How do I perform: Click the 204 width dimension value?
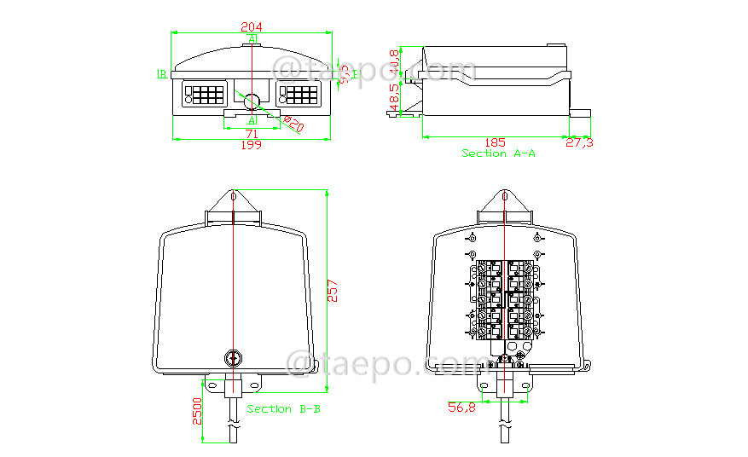coord(252,26)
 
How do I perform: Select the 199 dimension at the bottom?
coord(252,145)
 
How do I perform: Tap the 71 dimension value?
coord(252,134)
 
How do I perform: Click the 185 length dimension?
coord(496,142)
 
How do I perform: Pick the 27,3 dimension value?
coord(579,142)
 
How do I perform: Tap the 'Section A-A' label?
coord(499,153)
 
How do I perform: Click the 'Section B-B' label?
coord(284,409)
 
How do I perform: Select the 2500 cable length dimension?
coord(197,412)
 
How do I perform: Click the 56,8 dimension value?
coord(461,408)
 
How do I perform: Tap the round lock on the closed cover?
coord(232,358)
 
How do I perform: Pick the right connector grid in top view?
coord(299,94)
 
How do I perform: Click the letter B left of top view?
coord(161,74)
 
